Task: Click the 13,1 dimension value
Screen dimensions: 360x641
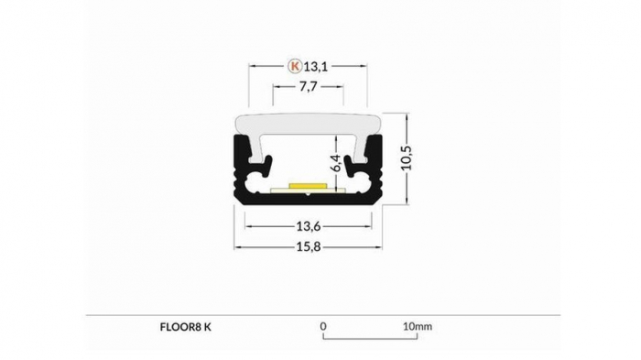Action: [316, 66]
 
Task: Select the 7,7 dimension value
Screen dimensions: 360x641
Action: [309, 88]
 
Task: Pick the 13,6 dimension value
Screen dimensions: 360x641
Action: [308, 225]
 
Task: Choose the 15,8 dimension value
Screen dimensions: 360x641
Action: [308, 247]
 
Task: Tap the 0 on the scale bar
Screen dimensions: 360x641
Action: [323, 325]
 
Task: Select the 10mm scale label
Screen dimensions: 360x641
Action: [417, 325]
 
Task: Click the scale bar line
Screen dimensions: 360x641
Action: [370, 338]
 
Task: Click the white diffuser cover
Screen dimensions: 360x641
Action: [308, 123]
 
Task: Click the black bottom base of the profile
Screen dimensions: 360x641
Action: [308, 201]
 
